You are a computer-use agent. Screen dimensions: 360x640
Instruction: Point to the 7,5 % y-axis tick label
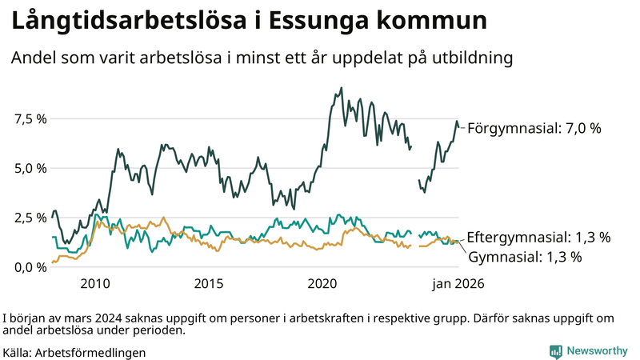coord(31,119)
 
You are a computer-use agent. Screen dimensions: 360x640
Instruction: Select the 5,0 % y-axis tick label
coord(31,169)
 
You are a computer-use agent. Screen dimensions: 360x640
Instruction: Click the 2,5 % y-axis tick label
coord(31,218)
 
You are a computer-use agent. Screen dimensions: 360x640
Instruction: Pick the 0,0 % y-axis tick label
coord(31,267)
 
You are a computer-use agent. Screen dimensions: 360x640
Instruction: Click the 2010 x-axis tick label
coord(94,283)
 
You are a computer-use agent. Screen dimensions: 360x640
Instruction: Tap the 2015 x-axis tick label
coord(209,283)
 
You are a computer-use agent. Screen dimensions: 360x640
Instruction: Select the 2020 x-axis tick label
coord(323,283)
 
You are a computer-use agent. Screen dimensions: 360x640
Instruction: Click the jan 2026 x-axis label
coord(458,283)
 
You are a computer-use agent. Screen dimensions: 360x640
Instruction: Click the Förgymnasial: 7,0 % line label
coord(534,128)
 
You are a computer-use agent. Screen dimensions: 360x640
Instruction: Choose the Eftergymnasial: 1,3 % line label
coord(539,238)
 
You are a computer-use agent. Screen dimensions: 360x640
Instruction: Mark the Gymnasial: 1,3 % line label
coord(525,257)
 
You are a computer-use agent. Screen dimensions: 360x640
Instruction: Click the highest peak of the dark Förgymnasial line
coord(342,88)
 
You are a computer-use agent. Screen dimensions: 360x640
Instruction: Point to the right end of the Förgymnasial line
coord(460,127)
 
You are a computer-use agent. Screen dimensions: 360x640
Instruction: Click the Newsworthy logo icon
coord(554,351)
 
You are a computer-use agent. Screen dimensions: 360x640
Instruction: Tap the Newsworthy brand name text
coord(597,351)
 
